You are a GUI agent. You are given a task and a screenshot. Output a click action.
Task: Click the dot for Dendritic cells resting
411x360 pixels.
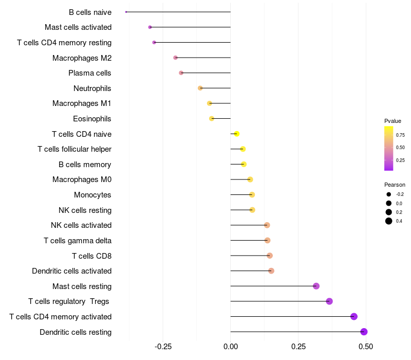pyautogui.click(x=364, y=332)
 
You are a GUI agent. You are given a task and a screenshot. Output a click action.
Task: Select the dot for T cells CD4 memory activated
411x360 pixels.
pyautogui.click(x=354, y=316)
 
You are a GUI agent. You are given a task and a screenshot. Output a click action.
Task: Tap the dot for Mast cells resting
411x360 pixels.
pyautogui.click(x=316, y=286)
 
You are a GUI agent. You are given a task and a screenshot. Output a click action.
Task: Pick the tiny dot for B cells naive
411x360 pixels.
pyautogui.click(x=126, y=12)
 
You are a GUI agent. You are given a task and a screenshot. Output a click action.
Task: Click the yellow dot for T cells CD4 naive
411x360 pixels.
pyautogui.click(x=236, y=134)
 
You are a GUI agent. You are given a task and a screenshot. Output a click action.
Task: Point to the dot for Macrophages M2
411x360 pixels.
pyautogui.click(x=175, y=58)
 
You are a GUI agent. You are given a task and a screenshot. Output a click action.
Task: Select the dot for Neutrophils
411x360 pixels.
pyautogui.click(x=200, y=88)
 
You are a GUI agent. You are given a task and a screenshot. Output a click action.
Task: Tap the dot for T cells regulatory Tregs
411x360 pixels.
pyautogui.click(x=329, y=301)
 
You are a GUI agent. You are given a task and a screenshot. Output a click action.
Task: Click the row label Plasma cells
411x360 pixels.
pyautogui.click(x=90, y=73)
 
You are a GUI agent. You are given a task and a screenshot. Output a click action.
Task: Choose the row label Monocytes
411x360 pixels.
pyautogui.click(x=92, y=195)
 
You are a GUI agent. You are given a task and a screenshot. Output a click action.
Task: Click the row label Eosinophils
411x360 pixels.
pyautogui.click(x=92, y=119)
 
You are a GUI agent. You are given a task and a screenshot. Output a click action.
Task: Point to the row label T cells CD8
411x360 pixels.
pyautogui.click(x=91, y=256)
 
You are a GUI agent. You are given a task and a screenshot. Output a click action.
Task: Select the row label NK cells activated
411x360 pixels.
pyautogui.click(x=81, y=225)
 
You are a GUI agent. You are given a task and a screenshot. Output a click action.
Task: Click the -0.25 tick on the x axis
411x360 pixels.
pyautogui.click(x=163, y=347)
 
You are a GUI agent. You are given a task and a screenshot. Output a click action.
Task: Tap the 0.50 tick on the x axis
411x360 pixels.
pyautogui.click(x=366, y=347)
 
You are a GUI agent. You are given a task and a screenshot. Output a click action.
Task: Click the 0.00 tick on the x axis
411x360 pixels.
pyautogui.click(x=231, y=347)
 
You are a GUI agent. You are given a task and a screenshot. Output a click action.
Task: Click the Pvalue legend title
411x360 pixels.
pyautogui.click(x=393, y=121)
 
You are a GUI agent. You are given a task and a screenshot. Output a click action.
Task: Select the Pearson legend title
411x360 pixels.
pyautogui.click(x=395, y=185)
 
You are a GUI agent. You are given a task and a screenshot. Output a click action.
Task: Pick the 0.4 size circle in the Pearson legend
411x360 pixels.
pyautogui.click(x=389, y=221)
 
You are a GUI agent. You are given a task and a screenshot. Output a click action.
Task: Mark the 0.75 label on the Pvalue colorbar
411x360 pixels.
pyautogui.click(x=400, y=135)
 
